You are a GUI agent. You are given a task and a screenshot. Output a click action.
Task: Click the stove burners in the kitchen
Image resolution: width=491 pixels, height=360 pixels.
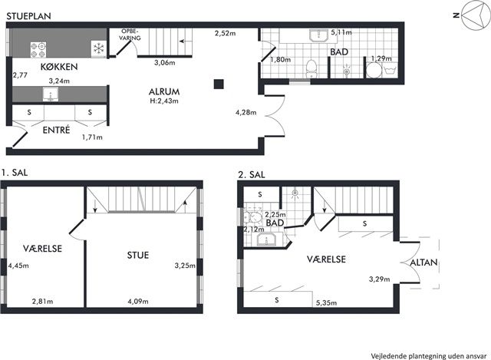tap(38, 50)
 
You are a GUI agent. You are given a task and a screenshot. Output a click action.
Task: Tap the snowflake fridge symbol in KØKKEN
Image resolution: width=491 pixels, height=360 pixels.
tap(99, 48)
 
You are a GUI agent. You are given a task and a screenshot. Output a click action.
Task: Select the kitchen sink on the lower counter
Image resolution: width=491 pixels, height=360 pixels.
tap(51, 94)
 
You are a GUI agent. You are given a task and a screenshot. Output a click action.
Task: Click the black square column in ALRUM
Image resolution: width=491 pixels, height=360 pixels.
tap(219, 84)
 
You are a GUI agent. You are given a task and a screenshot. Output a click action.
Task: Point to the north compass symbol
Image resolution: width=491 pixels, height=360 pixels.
tap(474, 15)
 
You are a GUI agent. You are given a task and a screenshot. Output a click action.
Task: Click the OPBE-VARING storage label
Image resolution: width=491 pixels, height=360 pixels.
tap(130, 35)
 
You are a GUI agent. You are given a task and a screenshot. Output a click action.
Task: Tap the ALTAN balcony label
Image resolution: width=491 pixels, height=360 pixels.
tap(423, 263)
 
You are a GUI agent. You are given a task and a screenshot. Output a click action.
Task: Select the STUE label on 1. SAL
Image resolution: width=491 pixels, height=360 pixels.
tap(138, 256)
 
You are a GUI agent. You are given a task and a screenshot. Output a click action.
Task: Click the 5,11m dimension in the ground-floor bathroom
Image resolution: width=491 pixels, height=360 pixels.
tap(341, 32)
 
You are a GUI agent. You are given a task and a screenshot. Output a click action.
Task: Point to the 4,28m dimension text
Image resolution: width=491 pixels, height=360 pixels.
tap(245, 112)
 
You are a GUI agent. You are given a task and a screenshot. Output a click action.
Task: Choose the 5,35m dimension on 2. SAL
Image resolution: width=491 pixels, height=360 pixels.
tap(326, 302)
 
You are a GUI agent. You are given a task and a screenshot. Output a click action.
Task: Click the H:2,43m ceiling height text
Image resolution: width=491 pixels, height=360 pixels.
tap(164, 101)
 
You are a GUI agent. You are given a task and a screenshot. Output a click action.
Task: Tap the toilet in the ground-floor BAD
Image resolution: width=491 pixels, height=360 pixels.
tap(311, 69)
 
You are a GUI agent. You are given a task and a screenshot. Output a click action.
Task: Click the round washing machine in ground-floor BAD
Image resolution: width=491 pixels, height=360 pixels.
tap(373, 71)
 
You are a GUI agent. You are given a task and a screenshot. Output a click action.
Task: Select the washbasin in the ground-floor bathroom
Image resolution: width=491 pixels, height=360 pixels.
tap(318, 36)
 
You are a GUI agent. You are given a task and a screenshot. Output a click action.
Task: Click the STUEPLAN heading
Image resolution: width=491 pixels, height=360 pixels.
tap(28, 16)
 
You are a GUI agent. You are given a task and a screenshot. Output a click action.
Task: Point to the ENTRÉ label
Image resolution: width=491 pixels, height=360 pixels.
tap(56, 130)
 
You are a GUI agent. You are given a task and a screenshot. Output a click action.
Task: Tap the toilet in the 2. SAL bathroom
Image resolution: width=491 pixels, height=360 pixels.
tap(252, 216)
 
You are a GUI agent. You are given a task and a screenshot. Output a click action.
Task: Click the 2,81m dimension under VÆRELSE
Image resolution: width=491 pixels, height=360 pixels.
tap(43, 302)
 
